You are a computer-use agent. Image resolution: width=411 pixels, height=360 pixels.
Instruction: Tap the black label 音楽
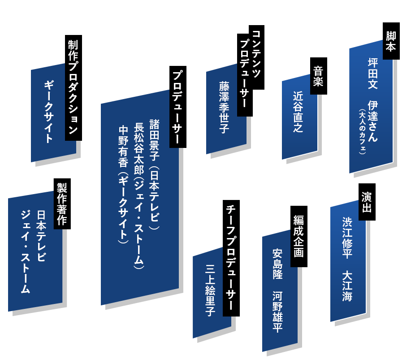pyautogui.click(x=318, y=76)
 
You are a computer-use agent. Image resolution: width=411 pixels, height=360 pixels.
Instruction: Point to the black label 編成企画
pyautogui.click(x=299, y=236)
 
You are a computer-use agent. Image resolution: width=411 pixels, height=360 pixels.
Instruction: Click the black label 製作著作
pyautogui.click(x=62, y=204)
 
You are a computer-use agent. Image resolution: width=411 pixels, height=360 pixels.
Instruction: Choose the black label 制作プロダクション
pyautogui.click(x=74, y=87)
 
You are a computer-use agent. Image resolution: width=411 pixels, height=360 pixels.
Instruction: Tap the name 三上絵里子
pyautogui.click(x=211, y=291)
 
